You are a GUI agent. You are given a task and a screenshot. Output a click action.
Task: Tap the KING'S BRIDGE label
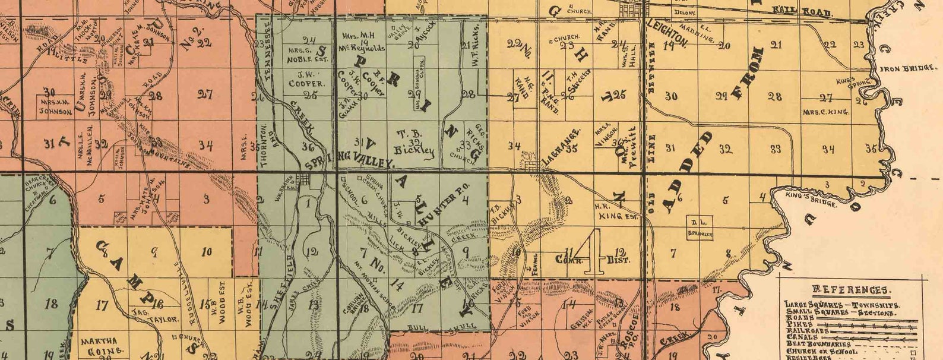coord(811,200)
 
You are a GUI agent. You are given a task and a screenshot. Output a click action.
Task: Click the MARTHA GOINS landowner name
coord(103,345)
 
